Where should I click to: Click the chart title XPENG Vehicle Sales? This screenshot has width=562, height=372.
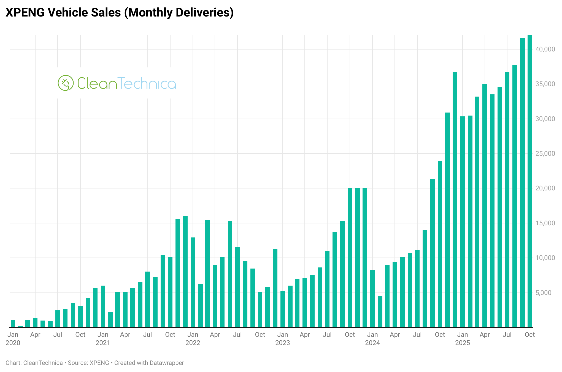tap(119, 13)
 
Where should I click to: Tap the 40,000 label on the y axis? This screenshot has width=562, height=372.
tap(545, 49)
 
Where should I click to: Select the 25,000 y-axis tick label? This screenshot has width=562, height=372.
tap(545, 154)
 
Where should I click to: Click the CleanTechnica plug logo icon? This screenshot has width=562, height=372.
tap(66, 83)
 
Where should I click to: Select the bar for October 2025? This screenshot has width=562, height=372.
tap(529, 182)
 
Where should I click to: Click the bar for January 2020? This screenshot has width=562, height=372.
tap(13, 324)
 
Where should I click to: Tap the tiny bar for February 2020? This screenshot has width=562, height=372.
tap(20, 327)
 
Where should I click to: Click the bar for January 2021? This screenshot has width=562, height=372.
tap(103, 307)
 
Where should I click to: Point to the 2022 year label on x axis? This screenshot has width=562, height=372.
tap(193, 343)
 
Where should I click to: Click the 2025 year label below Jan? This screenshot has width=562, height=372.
tap(462, 343)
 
